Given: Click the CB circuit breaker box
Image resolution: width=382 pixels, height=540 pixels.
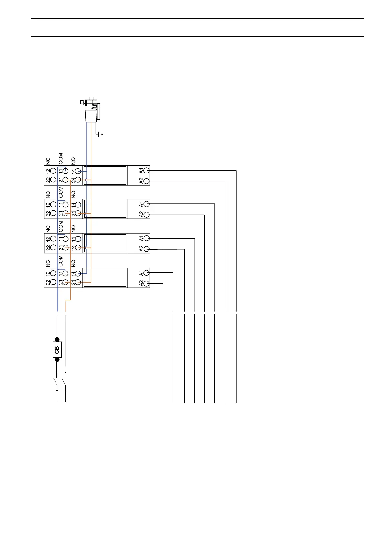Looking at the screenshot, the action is (57, 350).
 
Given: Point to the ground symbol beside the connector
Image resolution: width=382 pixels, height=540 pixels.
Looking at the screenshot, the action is (100, 135).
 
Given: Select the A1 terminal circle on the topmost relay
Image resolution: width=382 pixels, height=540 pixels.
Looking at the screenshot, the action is (147, 170).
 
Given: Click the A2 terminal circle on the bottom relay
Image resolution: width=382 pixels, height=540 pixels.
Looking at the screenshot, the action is (147, 283).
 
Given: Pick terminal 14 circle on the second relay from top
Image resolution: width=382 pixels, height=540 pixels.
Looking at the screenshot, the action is (78, 205).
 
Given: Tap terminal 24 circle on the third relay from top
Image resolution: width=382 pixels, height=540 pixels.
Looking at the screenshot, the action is (78, 248).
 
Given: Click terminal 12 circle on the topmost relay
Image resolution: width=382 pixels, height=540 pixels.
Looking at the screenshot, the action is (53, 171).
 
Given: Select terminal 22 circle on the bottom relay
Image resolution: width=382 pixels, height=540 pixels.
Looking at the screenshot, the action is (53, 282).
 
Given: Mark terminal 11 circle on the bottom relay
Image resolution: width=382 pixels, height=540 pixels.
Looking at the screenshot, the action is (65, 274).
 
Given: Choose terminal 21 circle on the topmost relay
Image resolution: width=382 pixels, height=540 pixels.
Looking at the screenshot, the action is (65, 180).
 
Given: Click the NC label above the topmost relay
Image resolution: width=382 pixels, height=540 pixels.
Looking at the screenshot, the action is (48, 160).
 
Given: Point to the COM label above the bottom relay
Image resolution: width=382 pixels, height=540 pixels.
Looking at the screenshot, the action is (61, 261).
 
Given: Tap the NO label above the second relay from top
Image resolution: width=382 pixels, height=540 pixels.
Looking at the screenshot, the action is (73, 194).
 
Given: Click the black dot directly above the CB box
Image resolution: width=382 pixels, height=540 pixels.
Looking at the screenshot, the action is (57, 339).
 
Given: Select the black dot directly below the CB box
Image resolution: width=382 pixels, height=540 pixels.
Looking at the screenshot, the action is (57, 360).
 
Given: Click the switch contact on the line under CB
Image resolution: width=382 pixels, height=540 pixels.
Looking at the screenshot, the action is (55, 382).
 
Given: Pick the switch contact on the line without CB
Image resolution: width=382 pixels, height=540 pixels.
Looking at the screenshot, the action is (64, 382).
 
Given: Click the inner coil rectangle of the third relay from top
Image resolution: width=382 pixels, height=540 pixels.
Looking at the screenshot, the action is (105, 243).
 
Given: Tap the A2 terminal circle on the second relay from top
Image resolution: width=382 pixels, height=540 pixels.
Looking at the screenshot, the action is (147, 215).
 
